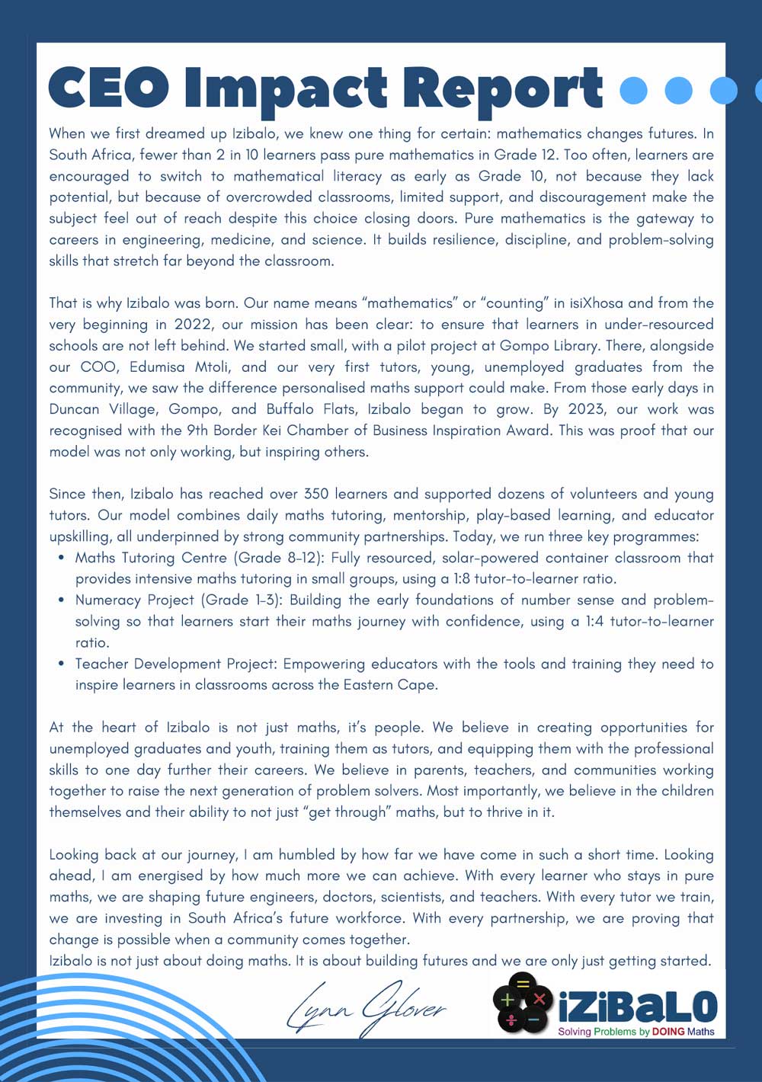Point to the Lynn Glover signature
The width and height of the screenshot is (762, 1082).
pyautogui.click(x=366, y=1007)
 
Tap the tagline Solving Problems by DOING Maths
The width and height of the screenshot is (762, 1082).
pyautogui.click(x=636, y=1032)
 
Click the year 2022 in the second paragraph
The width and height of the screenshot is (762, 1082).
pyautogui.click(x=193, y=324)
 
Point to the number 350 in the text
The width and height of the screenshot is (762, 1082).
pyautogui.click(x=316, y=494)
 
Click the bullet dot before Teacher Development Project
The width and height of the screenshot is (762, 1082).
pyautogui.click(x=62, y=664)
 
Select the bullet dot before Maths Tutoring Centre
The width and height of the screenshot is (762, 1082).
pyautogui.click(x=62, y=558)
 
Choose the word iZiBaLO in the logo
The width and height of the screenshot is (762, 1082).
pyautogui.click(x=638, y=1007)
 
